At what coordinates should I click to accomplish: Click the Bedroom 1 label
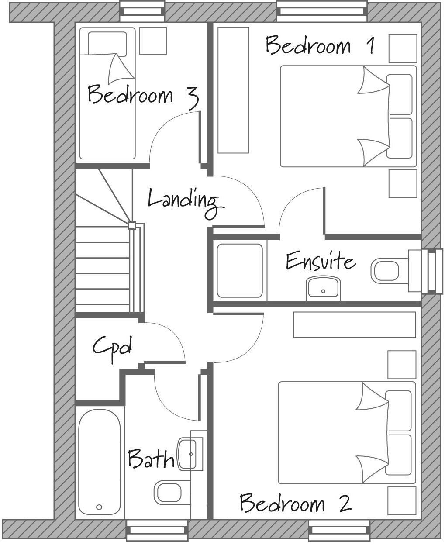point(320,45)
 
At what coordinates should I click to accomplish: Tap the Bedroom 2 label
point(295,503)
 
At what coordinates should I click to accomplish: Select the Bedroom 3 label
point(143,96)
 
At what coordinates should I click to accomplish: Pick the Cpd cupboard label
point(112,347)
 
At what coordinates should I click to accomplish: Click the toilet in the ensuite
point(386,271)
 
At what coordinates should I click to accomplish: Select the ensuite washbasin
point(323,288)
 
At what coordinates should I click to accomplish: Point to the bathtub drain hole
point(99,507)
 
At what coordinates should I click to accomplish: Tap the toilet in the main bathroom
point(169,493)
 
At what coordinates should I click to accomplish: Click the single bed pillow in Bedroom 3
point(107,44)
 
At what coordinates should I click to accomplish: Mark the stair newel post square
point(131,226)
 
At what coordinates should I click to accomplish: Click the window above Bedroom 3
point(142,11)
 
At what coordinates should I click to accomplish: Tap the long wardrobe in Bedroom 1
point(233,90)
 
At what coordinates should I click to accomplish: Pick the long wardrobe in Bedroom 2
point(354,324)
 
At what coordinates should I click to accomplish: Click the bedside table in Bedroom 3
point(153,41)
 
